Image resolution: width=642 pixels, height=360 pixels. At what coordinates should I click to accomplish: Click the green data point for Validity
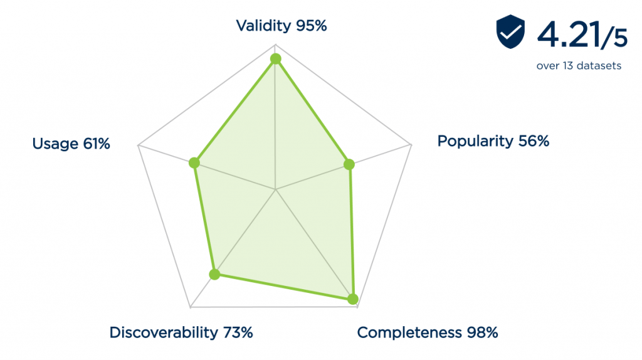point(275,59)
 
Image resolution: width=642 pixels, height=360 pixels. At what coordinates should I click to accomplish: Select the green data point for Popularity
point(350,165)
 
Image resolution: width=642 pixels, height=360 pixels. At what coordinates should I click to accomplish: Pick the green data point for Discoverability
point(215,274)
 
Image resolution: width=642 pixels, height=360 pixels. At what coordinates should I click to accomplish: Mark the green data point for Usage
point(194,163)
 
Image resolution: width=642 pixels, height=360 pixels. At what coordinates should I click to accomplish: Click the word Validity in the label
point(263,26)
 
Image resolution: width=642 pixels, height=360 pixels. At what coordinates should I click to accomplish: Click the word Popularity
point(475,141)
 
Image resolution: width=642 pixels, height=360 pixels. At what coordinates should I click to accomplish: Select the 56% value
point(533,141)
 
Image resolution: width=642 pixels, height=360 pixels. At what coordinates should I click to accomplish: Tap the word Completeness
point(409,332)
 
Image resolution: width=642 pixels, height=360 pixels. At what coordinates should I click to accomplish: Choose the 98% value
point(481,332)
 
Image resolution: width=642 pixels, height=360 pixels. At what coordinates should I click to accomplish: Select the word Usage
point(55,144)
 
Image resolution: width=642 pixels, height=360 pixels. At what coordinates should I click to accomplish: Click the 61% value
point(96,144)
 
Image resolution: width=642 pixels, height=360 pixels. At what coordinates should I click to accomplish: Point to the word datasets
point(601,66)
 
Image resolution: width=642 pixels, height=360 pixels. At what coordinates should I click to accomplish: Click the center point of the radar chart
point(275,189)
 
